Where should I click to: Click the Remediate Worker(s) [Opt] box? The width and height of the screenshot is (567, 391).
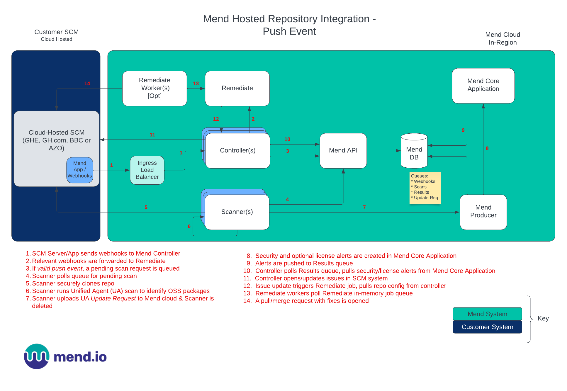pos(155,88)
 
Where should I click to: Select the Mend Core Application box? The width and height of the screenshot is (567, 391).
pos(483,85)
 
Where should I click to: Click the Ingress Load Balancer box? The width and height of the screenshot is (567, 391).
pos(147,170)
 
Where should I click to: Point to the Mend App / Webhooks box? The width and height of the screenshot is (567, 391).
pos(79,170)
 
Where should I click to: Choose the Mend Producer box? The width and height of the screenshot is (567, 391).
pos(483,212)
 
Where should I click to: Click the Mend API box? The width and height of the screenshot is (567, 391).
pos(343,151)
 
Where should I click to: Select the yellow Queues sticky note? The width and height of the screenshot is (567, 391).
pos(425,187)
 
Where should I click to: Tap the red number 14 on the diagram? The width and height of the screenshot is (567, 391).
pos(87,84)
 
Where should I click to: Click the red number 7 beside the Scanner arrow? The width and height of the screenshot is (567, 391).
pos(364,207)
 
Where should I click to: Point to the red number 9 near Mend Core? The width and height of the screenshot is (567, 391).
pos(463,130)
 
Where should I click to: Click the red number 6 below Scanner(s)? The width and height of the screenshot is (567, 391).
pos(189,226)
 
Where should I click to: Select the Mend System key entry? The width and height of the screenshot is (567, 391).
pos(487,314)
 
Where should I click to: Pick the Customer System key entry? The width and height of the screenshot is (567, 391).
pos(487,327)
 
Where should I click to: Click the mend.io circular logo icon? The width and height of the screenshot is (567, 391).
pos(37,356)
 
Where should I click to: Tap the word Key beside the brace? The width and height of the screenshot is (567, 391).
pos(543,318)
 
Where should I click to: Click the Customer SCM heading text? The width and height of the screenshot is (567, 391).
pos(56,32)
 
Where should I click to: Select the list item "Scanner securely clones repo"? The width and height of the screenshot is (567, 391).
pos(73,283)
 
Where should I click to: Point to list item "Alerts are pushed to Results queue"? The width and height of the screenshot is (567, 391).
pos(304,263)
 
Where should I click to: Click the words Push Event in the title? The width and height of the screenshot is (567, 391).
pos(289,31)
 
